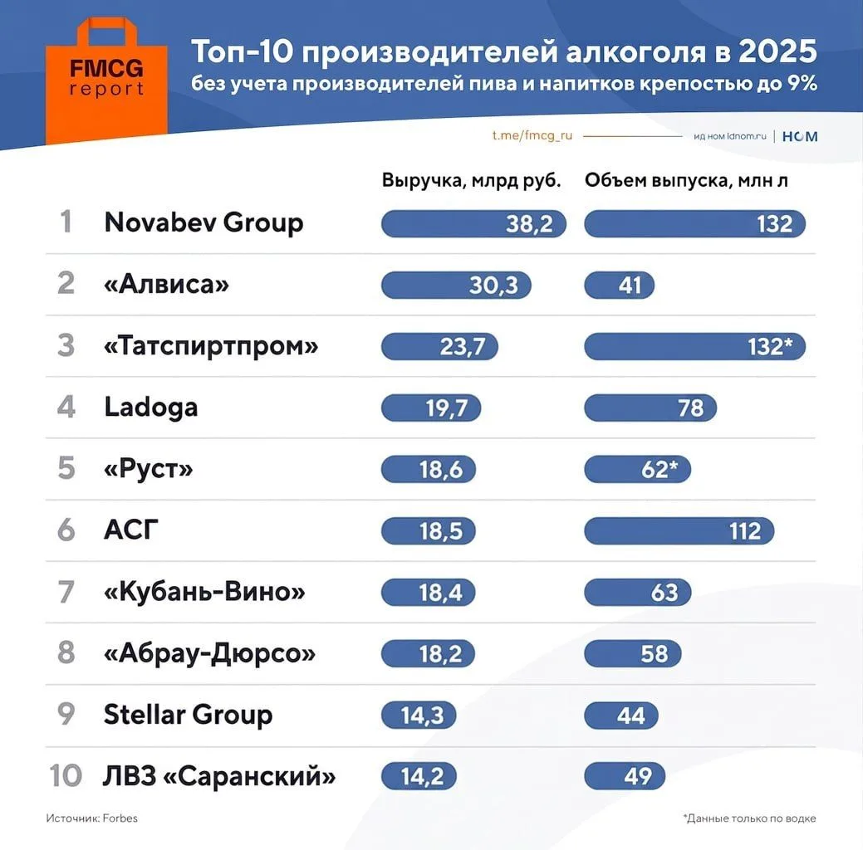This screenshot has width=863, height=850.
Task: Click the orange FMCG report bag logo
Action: (x=106, y=81)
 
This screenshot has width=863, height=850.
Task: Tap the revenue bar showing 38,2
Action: (x=473, y=223)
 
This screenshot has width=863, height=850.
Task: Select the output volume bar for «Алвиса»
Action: (x=619, y=285)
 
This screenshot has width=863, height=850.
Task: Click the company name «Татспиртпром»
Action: (x=211, y=346)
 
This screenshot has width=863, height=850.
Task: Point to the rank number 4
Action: (x=66, y=407)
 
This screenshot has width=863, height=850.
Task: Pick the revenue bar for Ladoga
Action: (x=431, y=408)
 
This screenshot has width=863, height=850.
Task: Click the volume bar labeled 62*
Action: (x=637, y=469)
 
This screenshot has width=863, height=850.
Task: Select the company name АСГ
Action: (x=131, y=530)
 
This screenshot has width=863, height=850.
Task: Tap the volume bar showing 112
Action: (x=679, y=531)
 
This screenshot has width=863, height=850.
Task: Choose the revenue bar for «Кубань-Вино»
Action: (x=429, y=593)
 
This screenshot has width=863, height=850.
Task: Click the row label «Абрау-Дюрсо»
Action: (x=209, y=653)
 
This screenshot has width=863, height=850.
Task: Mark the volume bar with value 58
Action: (x=633, y=653)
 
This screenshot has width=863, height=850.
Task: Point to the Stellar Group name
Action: (x=189, y=714)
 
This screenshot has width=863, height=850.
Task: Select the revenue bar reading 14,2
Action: (x=419, y=776)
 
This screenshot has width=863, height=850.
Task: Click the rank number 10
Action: (x=66, y=776)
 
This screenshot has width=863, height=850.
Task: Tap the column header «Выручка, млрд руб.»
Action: (x=472, y=180)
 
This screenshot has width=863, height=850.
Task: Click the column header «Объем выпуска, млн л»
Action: (x=686, y=180)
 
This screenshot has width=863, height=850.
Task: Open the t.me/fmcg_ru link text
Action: (x=532, y=135)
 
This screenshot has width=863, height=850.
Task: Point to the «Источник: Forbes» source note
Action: (x=92, y=818)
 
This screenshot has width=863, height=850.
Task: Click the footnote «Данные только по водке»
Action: (x=749, y=818)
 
